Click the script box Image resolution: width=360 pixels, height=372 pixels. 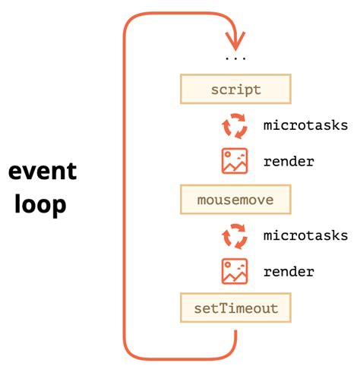click(x=235, y=90)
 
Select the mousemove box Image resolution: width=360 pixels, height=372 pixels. click(x=235, y=200)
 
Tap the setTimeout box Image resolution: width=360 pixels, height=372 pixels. click(x=235, y=309)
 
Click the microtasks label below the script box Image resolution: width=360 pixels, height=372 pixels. click(x=305, y=125)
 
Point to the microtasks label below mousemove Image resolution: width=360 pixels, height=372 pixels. click(x=305, y=235)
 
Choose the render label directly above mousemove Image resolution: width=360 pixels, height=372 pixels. click(x=289, y=162)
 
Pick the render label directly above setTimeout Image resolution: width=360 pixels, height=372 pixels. click(x=289, y=271)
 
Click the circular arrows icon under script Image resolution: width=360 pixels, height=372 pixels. click(x=235, y=126)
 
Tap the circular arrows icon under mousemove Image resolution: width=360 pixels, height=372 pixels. click(x=235, y=236)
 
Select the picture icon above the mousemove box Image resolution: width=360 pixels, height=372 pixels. click(x=235, y=161)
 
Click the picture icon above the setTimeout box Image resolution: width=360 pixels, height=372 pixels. click(x=235, y=271)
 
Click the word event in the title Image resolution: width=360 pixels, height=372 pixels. click(x=43, y=171)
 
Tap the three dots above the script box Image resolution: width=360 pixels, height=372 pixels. click(x=235, y=58)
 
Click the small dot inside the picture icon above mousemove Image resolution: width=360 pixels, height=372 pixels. click(x=242, y=155)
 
